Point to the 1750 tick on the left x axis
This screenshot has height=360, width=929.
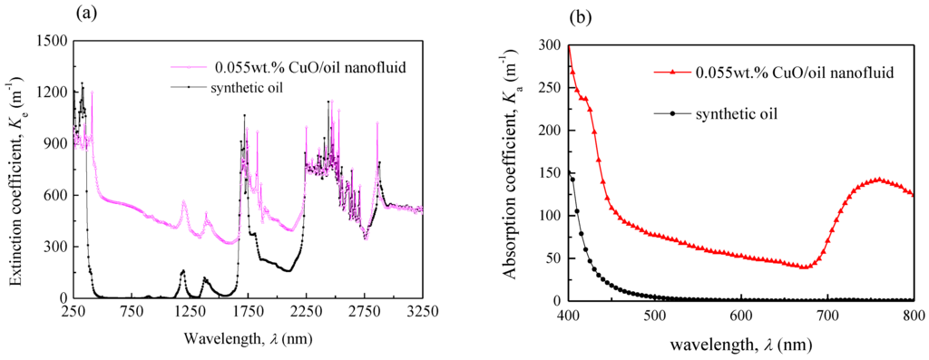(x=248, y=311)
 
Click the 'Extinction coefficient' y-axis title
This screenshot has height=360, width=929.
(x=16, y=169)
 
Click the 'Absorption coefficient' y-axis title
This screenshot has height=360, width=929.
(x=515, y=170)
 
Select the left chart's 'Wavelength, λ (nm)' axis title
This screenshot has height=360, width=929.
(x=248, y=337)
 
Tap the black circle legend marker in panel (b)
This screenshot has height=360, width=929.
(x=672, y=113)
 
